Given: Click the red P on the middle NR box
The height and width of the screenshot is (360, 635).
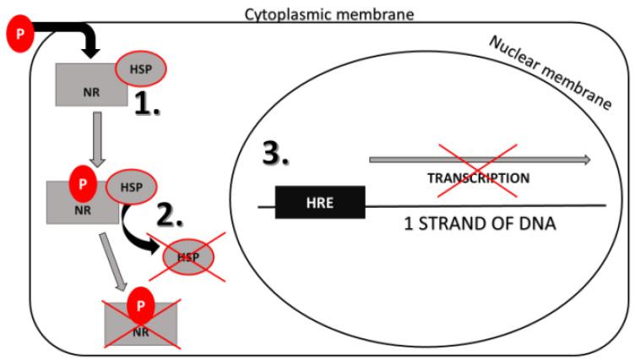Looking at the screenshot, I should coord(82,182).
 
